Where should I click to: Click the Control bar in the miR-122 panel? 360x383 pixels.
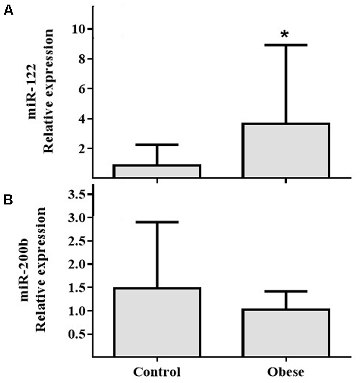coord(157,171)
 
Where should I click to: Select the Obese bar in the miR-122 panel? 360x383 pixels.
coord(286,151)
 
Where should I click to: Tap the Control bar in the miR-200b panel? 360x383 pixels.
coord(157,322)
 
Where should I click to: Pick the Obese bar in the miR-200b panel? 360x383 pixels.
coord(286,332)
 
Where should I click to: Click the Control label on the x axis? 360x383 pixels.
coord(157,372)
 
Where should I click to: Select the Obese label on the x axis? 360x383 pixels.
coord(286,372)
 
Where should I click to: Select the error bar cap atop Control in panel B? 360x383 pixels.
coord(157,222)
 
